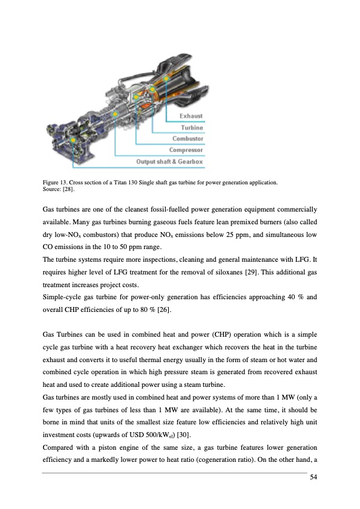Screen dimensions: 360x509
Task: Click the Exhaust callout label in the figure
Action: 191,116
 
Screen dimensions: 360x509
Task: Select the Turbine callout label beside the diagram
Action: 192,128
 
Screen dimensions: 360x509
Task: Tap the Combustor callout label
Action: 188,138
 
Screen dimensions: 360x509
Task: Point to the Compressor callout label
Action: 186,150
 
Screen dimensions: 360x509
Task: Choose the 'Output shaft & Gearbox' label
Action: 169,161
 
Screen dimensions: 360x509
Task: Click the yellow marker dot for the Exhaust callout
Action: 166,78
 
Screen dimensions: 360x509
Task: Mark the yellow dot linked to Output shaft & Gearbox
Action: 73,140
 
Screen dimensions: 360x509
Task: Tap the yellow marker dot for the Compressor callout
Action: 115,114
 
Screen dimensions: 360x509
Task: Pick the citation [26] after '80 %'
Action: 164,310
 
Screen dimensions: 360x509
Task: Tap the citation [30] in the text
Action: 184,435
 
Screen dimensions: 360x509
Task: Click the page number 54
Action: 313,477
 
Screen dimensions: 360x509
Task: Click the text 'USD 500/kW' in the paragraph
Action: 149,435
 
